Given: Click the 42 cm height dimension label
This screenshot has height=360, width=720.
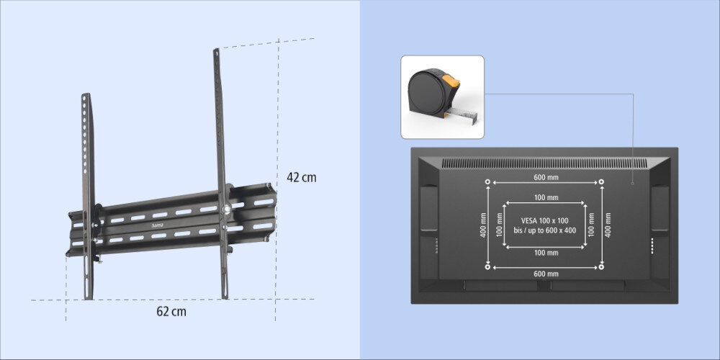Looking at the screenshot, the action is [x=302, y=177].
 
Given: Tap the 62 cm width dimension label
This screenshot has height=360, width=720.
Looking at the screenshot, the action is [x=171, y=311].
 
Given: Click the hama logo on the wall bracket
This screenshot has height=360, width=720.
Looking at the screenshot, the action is [x=157, y=225].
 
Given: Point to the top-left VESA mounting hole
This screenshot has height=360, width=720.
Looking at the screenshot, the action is [x=487, y=182].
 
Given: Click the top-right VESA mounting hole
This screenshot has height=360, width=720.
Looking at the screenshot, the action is [x=601, y=182].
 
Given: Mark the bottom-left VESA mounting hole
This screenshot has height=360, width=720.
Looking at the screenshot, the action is [x=487, y=267].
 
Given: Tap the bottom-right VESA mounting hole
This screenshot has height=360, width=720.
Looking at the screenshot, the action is [x=601, y=267].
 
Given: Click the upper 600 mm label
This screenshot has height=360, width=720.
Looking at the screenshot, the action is [x=546, y=177].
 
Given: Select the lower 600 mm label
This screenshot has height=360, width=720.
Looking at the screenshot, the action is [x=546, y=274].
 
